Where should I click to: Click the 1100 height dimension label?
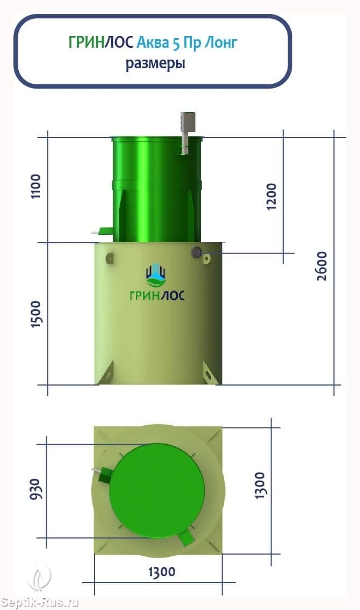[35, 186]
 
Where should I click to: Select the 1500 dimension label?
[35, 314]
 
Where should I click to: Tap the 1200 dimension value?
[272, 197]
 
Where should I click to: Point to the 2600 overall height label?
[322, 266]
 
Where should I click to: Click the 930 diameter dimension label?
[34, 489]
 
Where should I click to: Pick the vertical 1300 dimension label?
[260, 485]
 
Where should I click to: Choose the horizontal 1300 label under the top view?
[162, 572]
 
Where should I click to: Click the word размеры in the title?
[155, 63]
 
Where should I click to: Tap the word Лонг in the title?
[220, 42]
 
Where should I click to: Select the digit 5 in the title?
[176, 42]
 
